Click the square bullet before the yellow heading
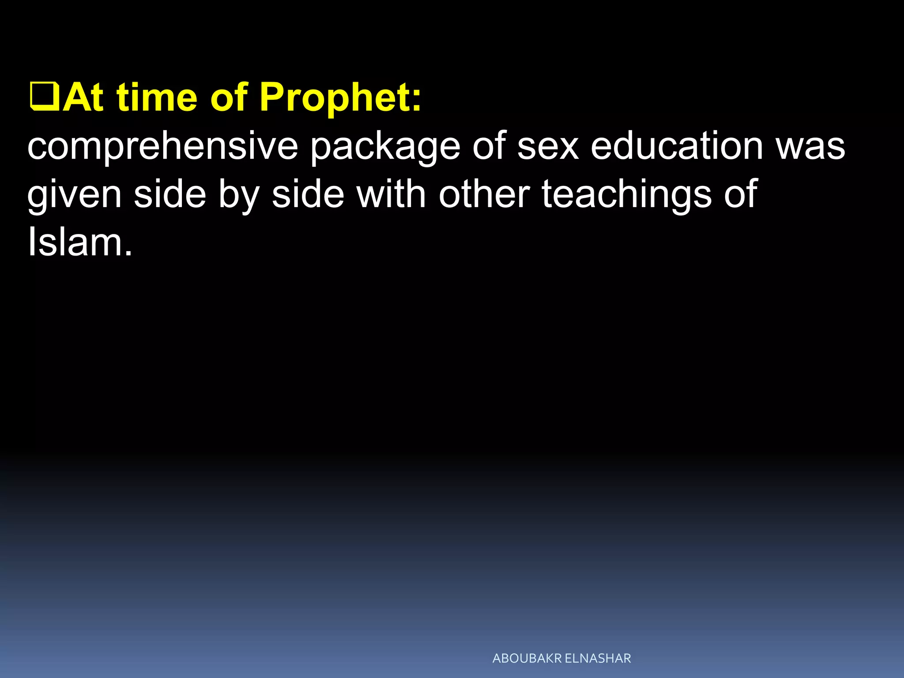(x=44, y=97)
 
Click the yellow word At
(x=83, y=97)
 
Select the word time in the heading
(x=157, y=97)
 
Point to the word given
(x=74, y=196)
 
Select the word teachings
(x=626, y=196)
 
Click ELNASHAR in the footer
(x=598, y=659)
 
